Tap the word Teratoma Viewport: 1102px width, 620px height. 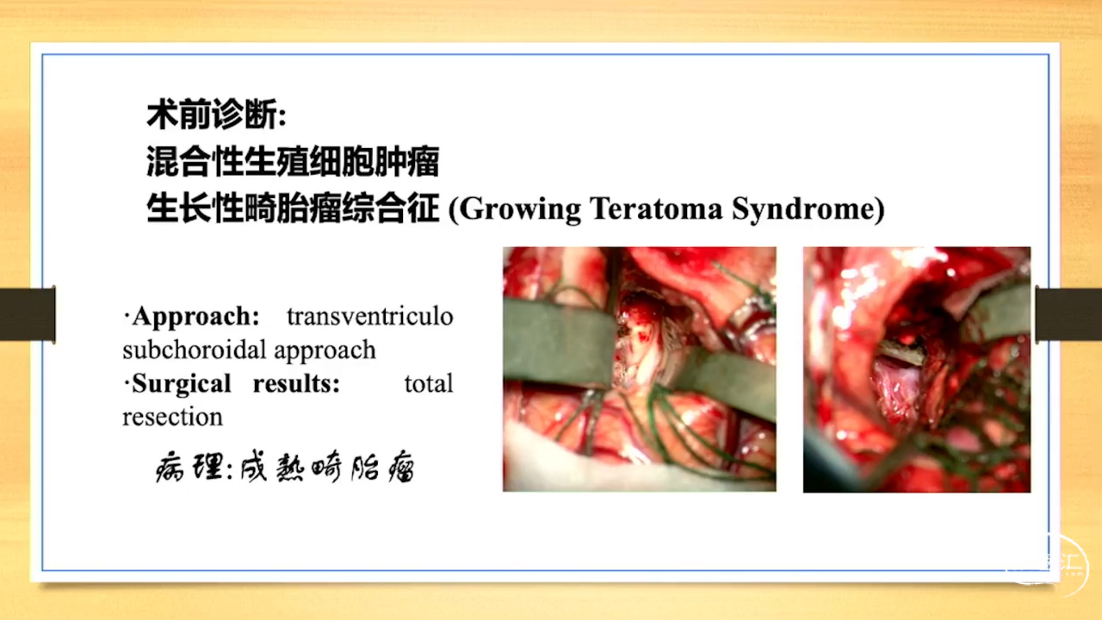656,208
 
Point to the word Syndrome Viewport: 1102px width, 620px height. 803,209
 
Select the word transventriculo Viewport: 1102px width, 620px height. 370,316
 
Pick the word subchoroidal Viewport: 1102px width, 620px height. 195,350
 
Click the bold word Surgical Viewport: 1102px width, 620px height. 182,384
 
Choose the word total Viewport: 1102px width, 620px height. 429,384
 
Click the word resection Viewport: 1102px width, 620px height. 173,418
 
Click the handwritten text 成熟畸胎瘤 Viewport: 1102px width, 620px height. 327,466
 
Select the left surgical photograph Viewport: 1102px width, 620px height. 640,369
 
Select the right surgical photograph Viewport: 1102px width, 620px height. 917,369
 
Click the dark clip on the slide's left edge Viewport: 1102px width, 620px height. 28,314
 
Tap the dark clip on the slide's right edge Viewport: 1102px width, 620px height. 1068,314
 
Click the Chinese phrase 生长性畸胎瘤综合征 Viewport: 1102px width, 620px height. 293,208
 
